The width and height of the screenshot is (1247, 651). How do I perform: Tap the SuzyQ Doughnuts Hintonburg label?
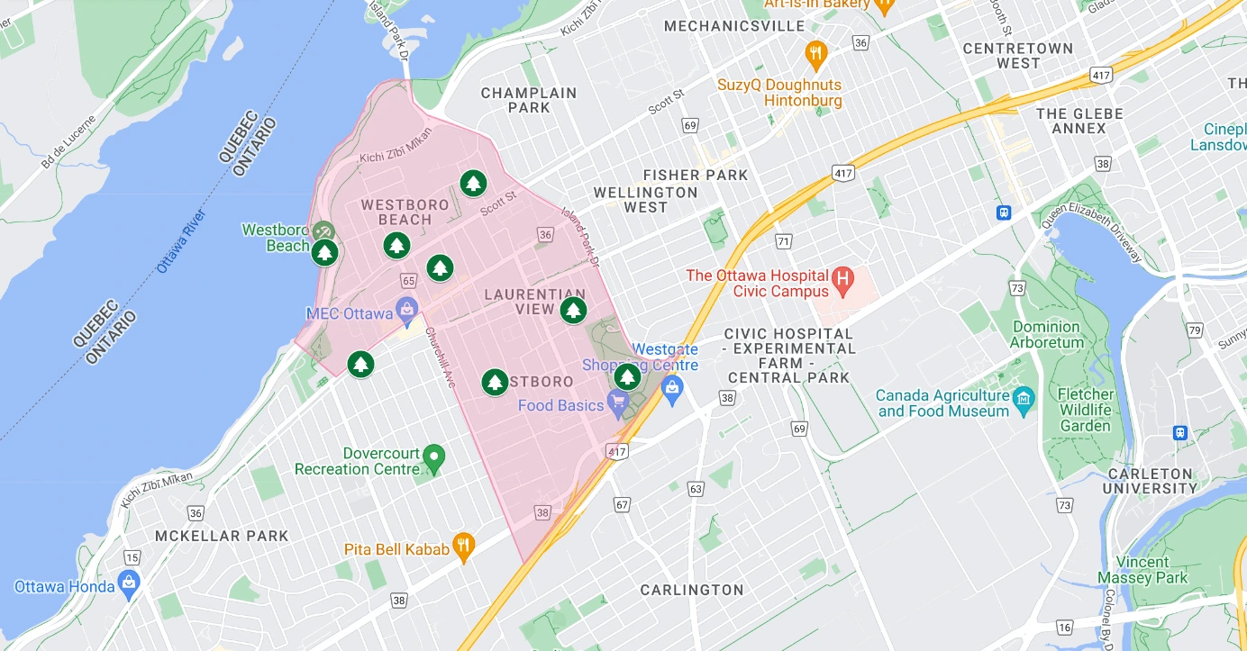coord(778,93)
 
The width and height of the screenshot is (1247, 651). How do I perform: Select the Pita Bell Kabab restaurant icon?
coord(464,546)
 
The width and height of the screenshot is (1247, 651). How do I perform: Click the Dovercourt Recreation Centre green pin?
coord(434,458)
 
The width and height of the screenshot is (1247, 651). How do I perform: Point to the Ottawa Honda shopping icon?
coord(129,583)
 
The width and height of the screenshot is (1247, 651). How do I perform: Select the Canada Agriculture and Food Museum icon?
coord(1024,399)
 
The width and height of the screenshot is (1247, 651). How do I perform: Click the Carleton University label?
coord(1151,481)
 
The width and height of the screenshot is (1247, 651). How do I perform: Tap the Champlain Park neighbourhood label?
coord(528,100)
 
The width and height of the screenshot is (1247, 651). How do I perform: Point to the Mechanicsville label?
coord(733,26)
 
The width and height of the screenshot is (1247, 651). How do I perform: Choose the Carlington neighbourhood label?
coord(692,590)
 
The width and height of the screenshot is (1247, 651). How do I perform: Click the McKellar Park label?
coord(222,536)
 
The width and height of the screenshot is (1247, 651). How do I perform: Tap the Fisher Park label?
coord(696,175)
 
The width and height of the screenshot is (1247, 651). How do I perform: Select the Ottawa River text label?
coord(181,241)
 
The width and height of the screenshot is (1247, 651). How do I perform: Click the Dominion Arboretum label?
coord(1046,334)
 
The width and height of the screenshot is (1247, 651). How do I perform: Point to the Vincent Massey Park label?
coord(1142,570)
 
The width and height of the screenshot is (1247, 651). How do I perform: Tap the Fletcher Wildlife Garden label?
coord(1085,410)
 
